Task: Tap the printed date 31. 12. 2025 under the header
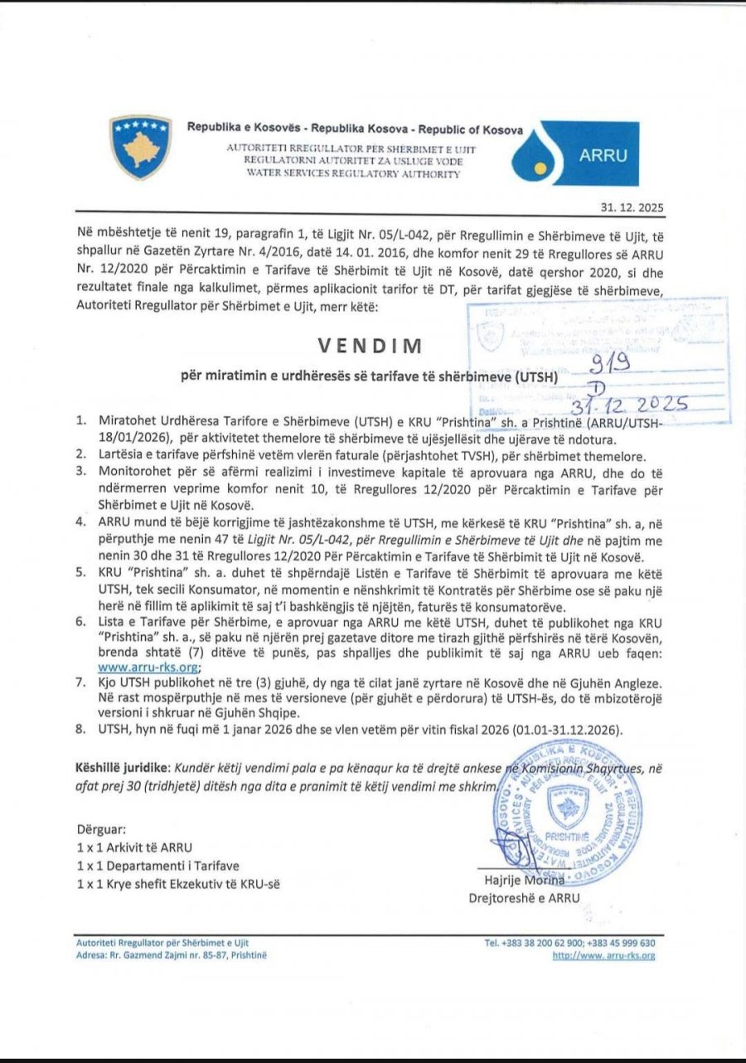tap(632, 208)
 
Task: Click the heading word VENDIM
tap(372, 345)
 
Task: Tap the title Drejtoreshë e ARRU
tap(524, 897)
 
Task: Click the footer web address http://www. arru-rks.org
tap(603, 956)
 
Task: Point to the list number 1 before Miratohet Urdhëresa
tap(80, 420)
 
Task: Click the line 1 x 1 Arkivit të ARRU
tap(133, 847)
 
